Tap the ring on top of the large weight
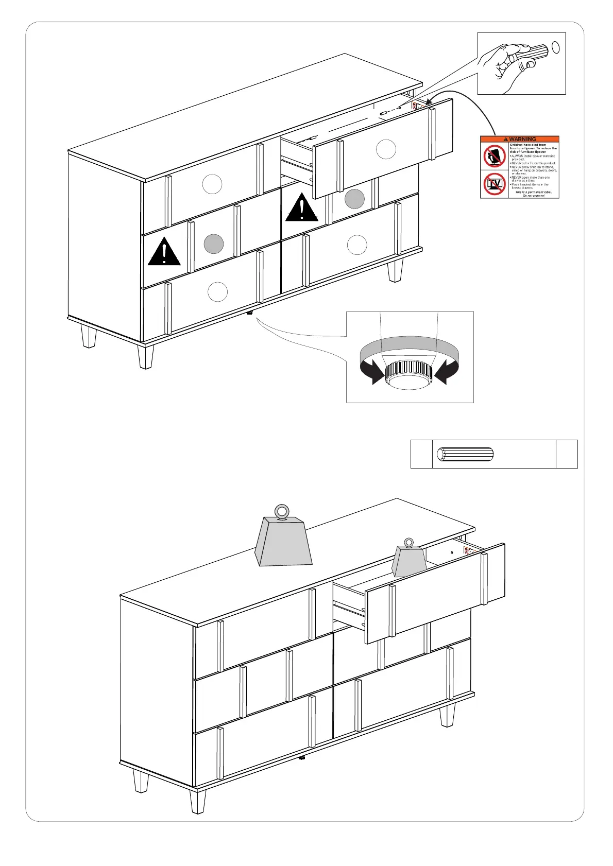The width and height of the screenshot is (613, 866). (x=281, y=512)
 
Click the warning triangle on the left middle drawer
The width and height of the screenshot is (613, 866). (x=164, y=252)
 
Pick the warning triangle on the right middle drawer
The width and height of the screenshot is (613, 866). (x=301, y=207)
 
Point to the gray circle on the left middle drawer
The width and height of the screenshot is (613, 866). (x=214, y=244)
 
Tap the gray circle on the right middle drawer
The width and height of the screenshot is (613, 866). (x=354, y=199)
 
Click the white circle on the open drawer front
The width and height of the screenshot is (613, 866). (x=386, y=149)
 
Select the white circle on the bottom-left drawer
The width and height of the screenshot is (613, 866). (x=217, y=292)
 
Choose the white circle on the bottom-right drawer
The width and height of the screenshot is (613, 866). (x=357, y=245)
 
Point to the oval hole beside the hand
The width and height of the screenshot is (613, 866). (x=556, y=47)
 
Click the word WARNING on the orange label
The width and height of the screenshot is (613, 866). (x=522, y=139)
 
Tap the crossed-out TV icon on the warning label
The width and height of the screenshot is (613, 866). (x=495, y=184)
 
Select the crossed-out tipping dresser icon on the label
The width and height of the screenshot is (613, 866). (x=495, y=156)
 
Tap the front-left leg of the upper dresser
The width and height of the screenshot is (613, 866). (x=146, y=356)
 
